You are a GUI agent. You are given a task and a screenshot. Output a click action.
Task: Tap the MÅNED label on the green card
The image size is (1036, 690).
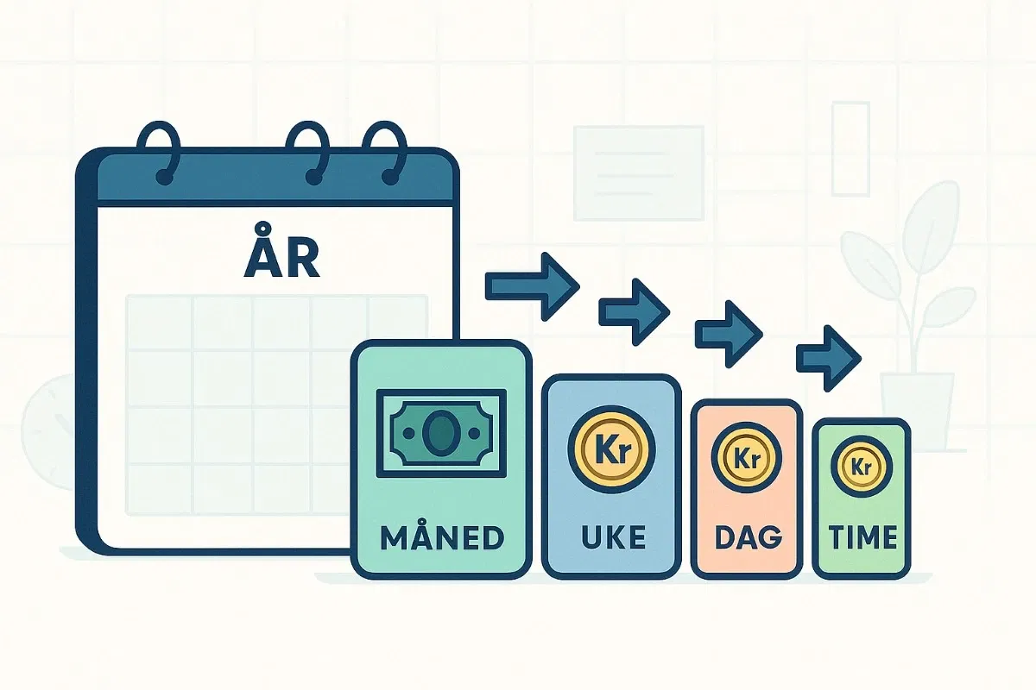pos(441,538)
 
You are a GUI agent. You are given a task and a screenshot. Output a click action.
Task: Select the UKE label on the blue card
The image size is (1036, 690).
pos(611,538)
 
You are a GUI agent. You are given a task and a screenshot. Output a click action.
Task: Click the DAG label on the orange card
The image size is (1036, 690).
pos(747,538)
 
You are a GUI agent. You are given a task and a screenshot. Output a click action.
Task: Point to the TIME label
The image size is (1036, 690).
pos(862,538)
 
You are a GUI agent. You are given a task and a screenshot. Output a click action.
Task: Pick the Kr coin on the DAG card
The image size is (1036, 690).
pos(746,458)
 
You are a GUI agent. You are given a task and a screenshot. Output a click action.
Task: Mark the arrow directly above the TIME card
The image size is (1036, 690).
pos(829,354)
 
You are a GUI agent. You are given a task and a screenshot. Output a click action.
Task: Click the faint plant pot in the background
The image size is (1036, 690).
pos(917,410)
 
